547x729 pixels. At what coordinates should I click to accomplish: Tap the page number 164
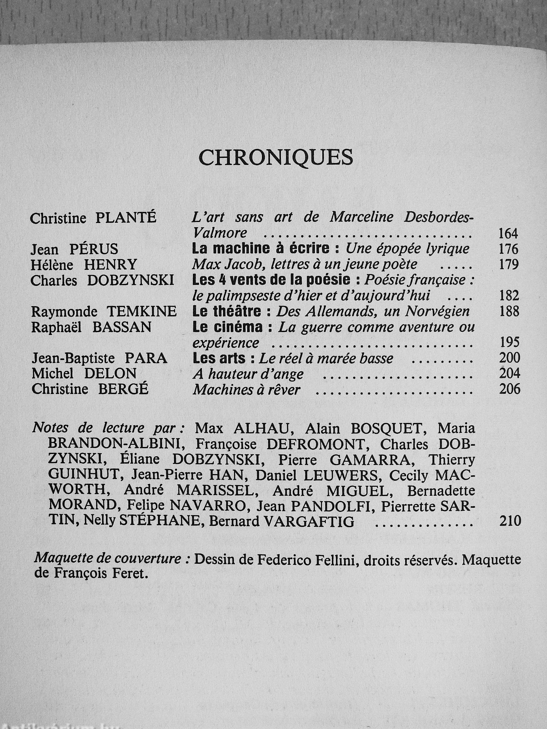[x=508, y=233]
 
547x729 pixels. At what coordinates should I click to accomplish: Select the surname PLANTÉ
[x=126, y=218]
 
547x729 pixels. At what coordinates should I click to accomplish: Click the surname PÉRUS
[x=94, y=250]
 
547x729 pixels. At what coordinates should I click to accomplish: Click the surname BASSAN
[x=122, y=327]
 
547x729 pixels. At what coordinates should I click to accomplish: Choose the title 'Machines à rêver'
[x=247, y=390]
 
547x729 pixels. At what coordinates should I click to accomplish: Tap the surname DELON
[x=110, y=374]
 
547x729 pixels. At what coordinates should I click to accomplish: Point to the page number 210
[x=510, y=521]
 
